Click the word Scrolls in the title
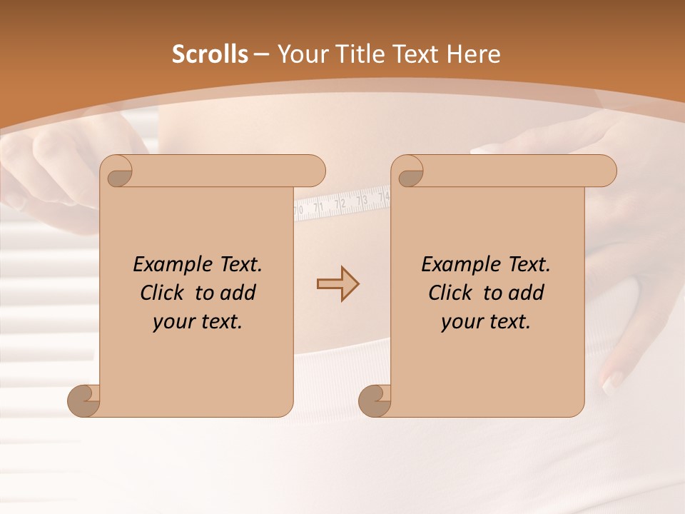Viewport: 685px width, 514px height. click(x=210, y=54)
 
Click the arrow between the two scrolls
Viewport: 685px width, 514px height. click(x=338, y=284)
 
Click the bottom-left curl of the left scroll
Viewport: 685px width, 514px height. click(x=83, y=400)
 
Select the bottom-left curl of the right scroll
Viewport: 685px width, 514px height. click(x=374, y=400)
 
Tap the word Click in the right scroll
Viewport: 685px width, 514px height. click(x=451, y=293)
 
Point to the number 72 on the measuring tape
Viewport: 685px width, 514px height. click(x=340, y=203)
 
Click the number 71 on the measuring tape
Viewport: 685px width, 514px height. click(x=319, y=207)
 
